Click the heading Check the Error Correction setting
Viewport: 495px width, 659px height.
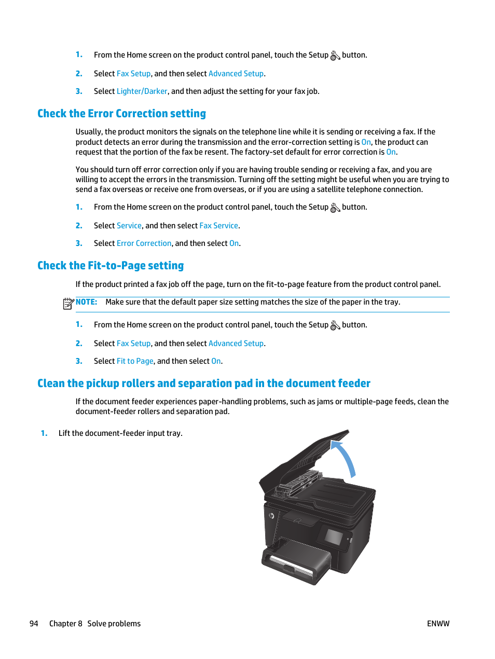(x=121, y=114)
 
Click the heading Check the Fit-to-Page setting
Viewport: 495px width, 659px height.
(x=111, y=266)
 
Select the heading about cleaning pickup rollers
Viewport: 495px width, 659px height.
(x=203, y=383)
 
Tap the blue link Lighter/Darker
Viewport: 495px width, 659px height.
(x=142, y=91)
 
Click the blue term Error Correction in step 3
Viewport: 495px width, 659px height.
(x=144, y=243)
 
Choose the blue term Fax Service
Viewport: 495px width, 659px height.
(x=218, y=226)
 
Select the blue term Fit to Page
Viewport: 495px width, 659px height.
(x=135, y=361)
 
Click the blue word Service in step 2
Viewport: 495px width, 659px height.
(x=129, y=226)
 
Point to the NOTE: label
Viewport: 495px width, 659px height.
(x=86, y=302)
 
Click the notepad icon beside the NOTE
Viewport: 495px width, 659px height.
(x=68, y=304)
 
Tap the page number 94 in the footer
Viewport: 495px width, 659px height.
(x=34, y=624)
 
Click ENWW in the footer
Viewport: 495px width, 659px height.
(x=438, y=624)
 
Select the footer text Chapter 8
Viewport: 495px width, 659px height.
(x=65, y=624)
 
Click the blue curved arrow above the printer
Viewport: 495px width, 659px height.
(x=345, y=457)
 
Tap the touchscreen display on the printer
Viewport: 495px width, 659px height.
(x=333, y=537)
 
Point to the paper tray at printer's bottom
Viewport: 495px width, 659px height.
(x=296, y=563)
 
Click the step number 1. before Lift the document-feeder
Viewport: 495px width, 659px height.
(x=44, y=433)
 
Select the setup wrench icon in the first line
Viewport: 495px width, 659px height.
(x=335, y=56)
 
